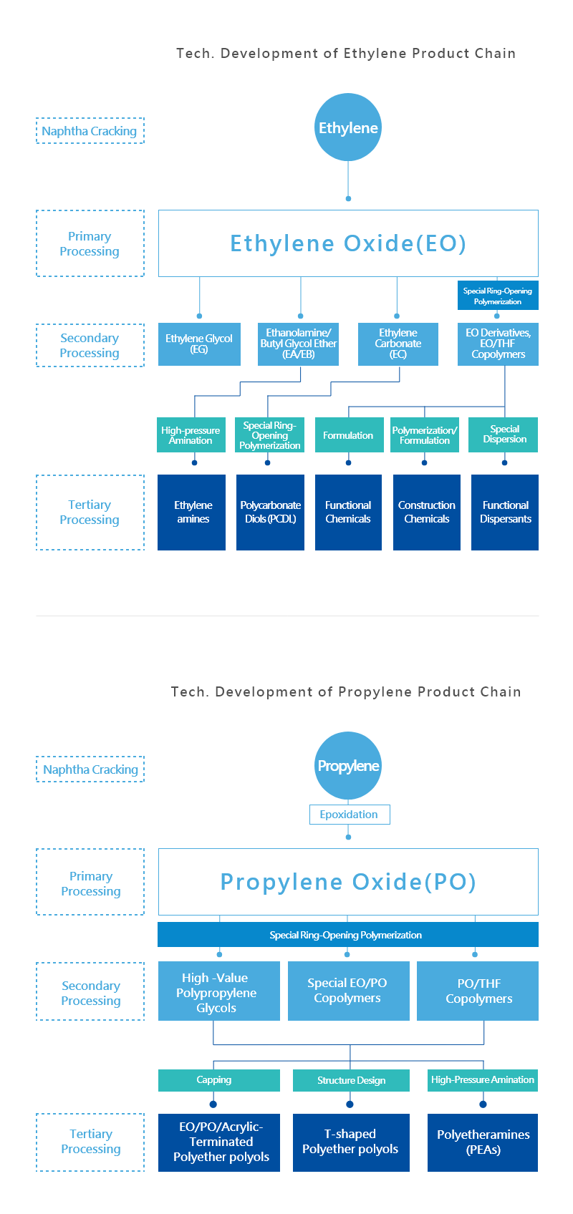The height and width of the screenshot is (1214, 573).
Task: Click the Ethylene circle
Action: [348, 127]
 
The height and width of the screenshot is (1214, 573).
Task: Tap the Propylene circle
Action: [348, 766]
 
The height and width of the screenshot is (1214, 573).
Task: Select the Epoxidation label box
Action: [350, 815]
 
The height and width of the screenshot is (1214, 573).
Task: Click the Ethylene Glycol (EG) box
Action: [200, 344]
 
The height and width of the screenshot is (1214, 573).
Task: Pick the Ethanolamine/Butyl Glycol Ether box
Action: [298, 344]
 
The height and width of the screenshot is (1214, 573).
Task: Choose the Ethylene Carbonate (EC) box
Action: [398, 344]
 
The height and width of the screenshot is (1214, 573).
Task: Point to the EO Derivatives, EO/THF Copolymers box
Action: [499, 344]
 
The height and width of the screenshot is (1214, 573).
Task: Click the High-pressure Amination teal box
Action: [191, 434]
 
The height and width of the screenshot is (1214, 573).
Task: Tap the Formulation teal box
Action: [349, 434]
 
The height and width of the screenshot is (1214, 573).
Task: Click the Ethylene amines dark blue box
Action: [192, 513]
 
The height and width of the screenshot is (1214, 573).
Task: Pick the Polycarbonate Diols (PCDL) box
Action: [271, 513]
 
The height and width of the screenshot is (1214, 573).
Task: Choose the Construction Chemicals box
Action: [427, 513]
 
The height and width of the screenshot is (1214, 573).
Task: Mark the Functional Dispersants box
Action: [505, 513]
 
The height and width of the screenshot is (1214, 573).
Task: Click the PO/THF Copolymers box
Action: [478, 991]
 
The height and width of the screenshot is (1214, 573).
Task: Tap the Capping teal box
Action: [219, 1080]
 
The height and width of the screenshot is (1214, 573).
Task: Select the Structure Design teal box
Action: [351, 1080]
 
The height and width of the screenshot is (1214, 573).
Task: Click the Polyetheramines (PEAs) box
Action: [483, 1142]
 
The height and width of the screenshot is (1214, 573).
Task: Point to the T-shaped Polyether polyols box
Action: [351, 1142]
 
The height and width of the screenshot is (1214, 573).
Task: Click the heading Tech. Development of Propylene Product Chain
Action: [346, 692]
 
